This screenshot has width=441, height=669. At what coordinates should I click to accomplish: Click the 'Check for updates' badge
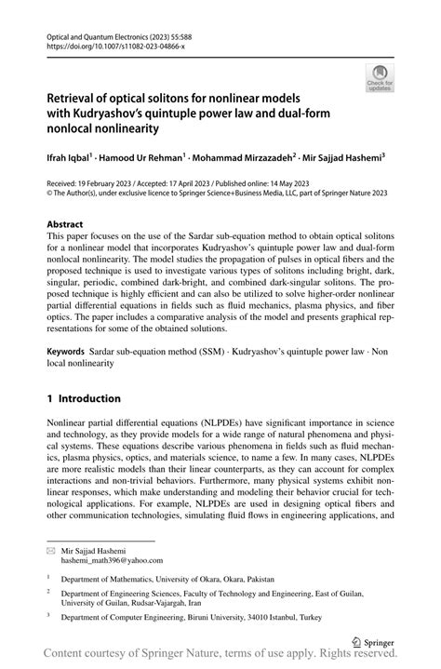tap(379, 78)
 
